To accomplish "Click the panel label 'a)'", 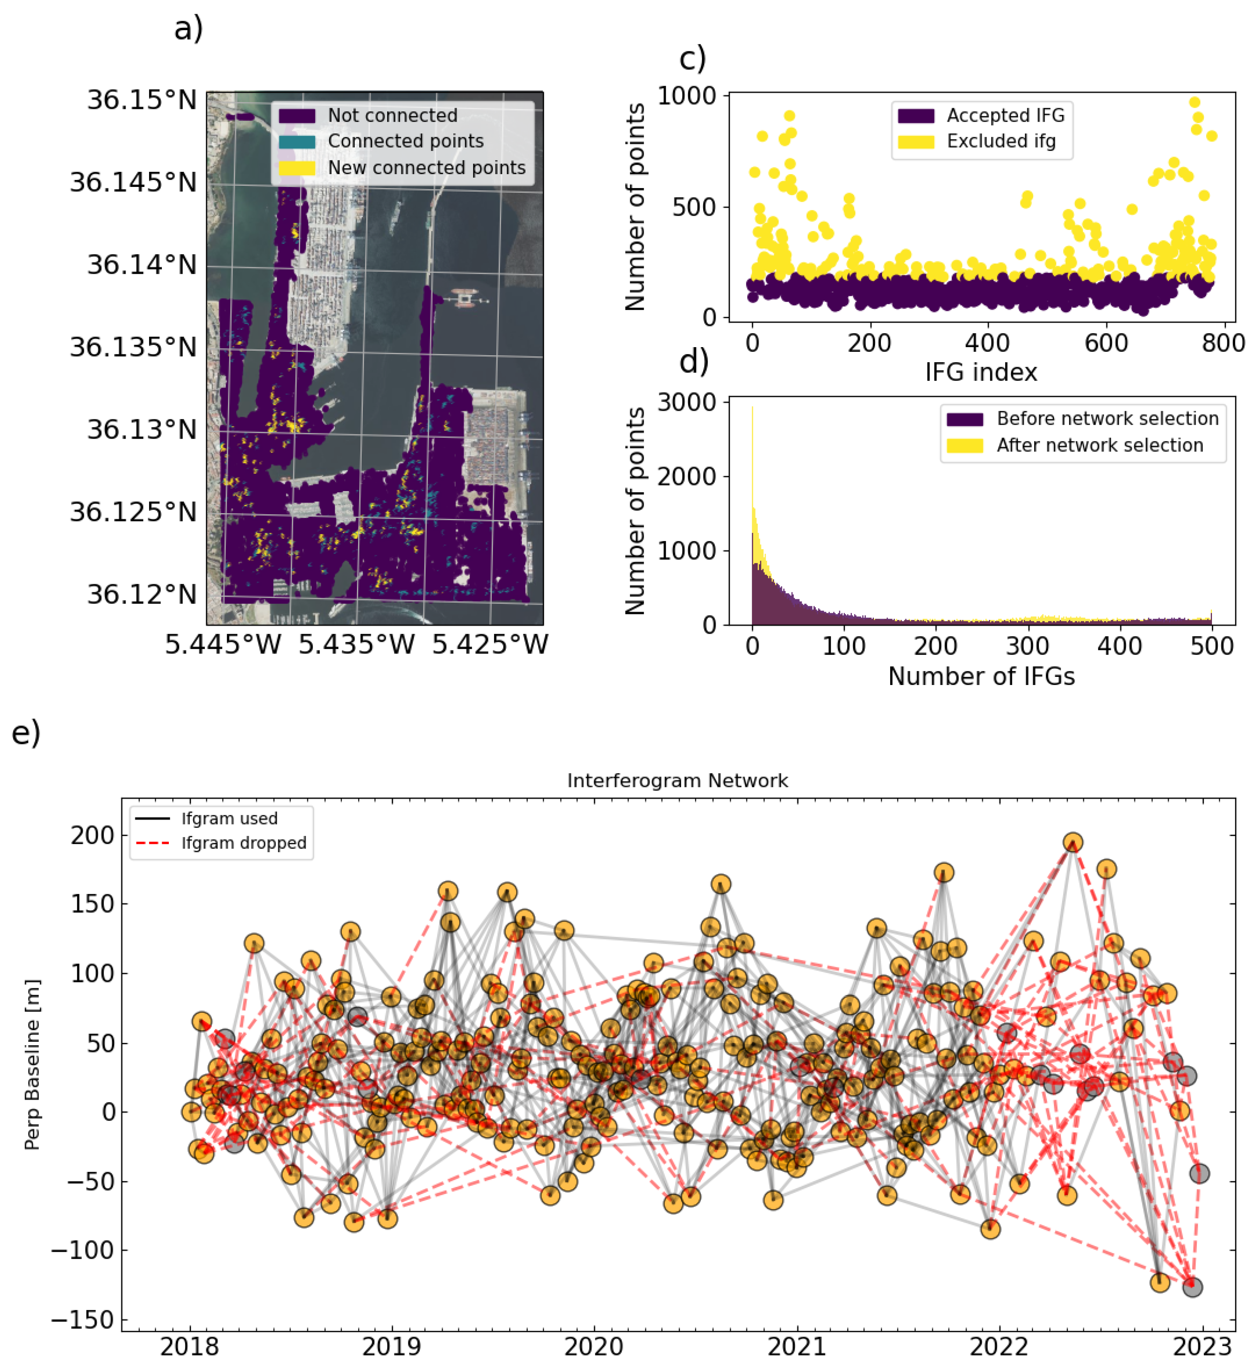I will tap(188, 29).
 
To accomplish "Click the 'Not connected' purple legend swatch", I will tap(297, 115).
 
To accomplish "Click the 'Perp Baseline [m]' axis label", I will tap(32, 1064).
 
